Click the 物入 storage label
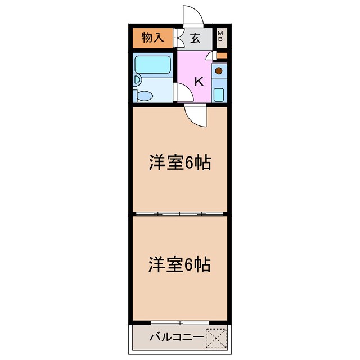pos(152,38)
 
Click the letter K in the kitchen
pos(199,81)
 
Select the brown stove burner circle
pos(219,71)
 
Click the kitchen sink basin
pos(219,94)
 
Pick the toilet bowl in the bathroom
pos(145,96)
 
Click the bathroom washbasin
pos(137,80)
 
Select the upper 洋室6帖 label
pos(180,163)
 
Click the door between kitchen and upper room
pos(196,115)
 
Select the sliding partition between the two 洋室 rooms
pos(180,214)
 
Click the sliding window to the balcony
pos(180,322)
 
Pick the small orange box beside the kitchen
pos(222,56)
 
